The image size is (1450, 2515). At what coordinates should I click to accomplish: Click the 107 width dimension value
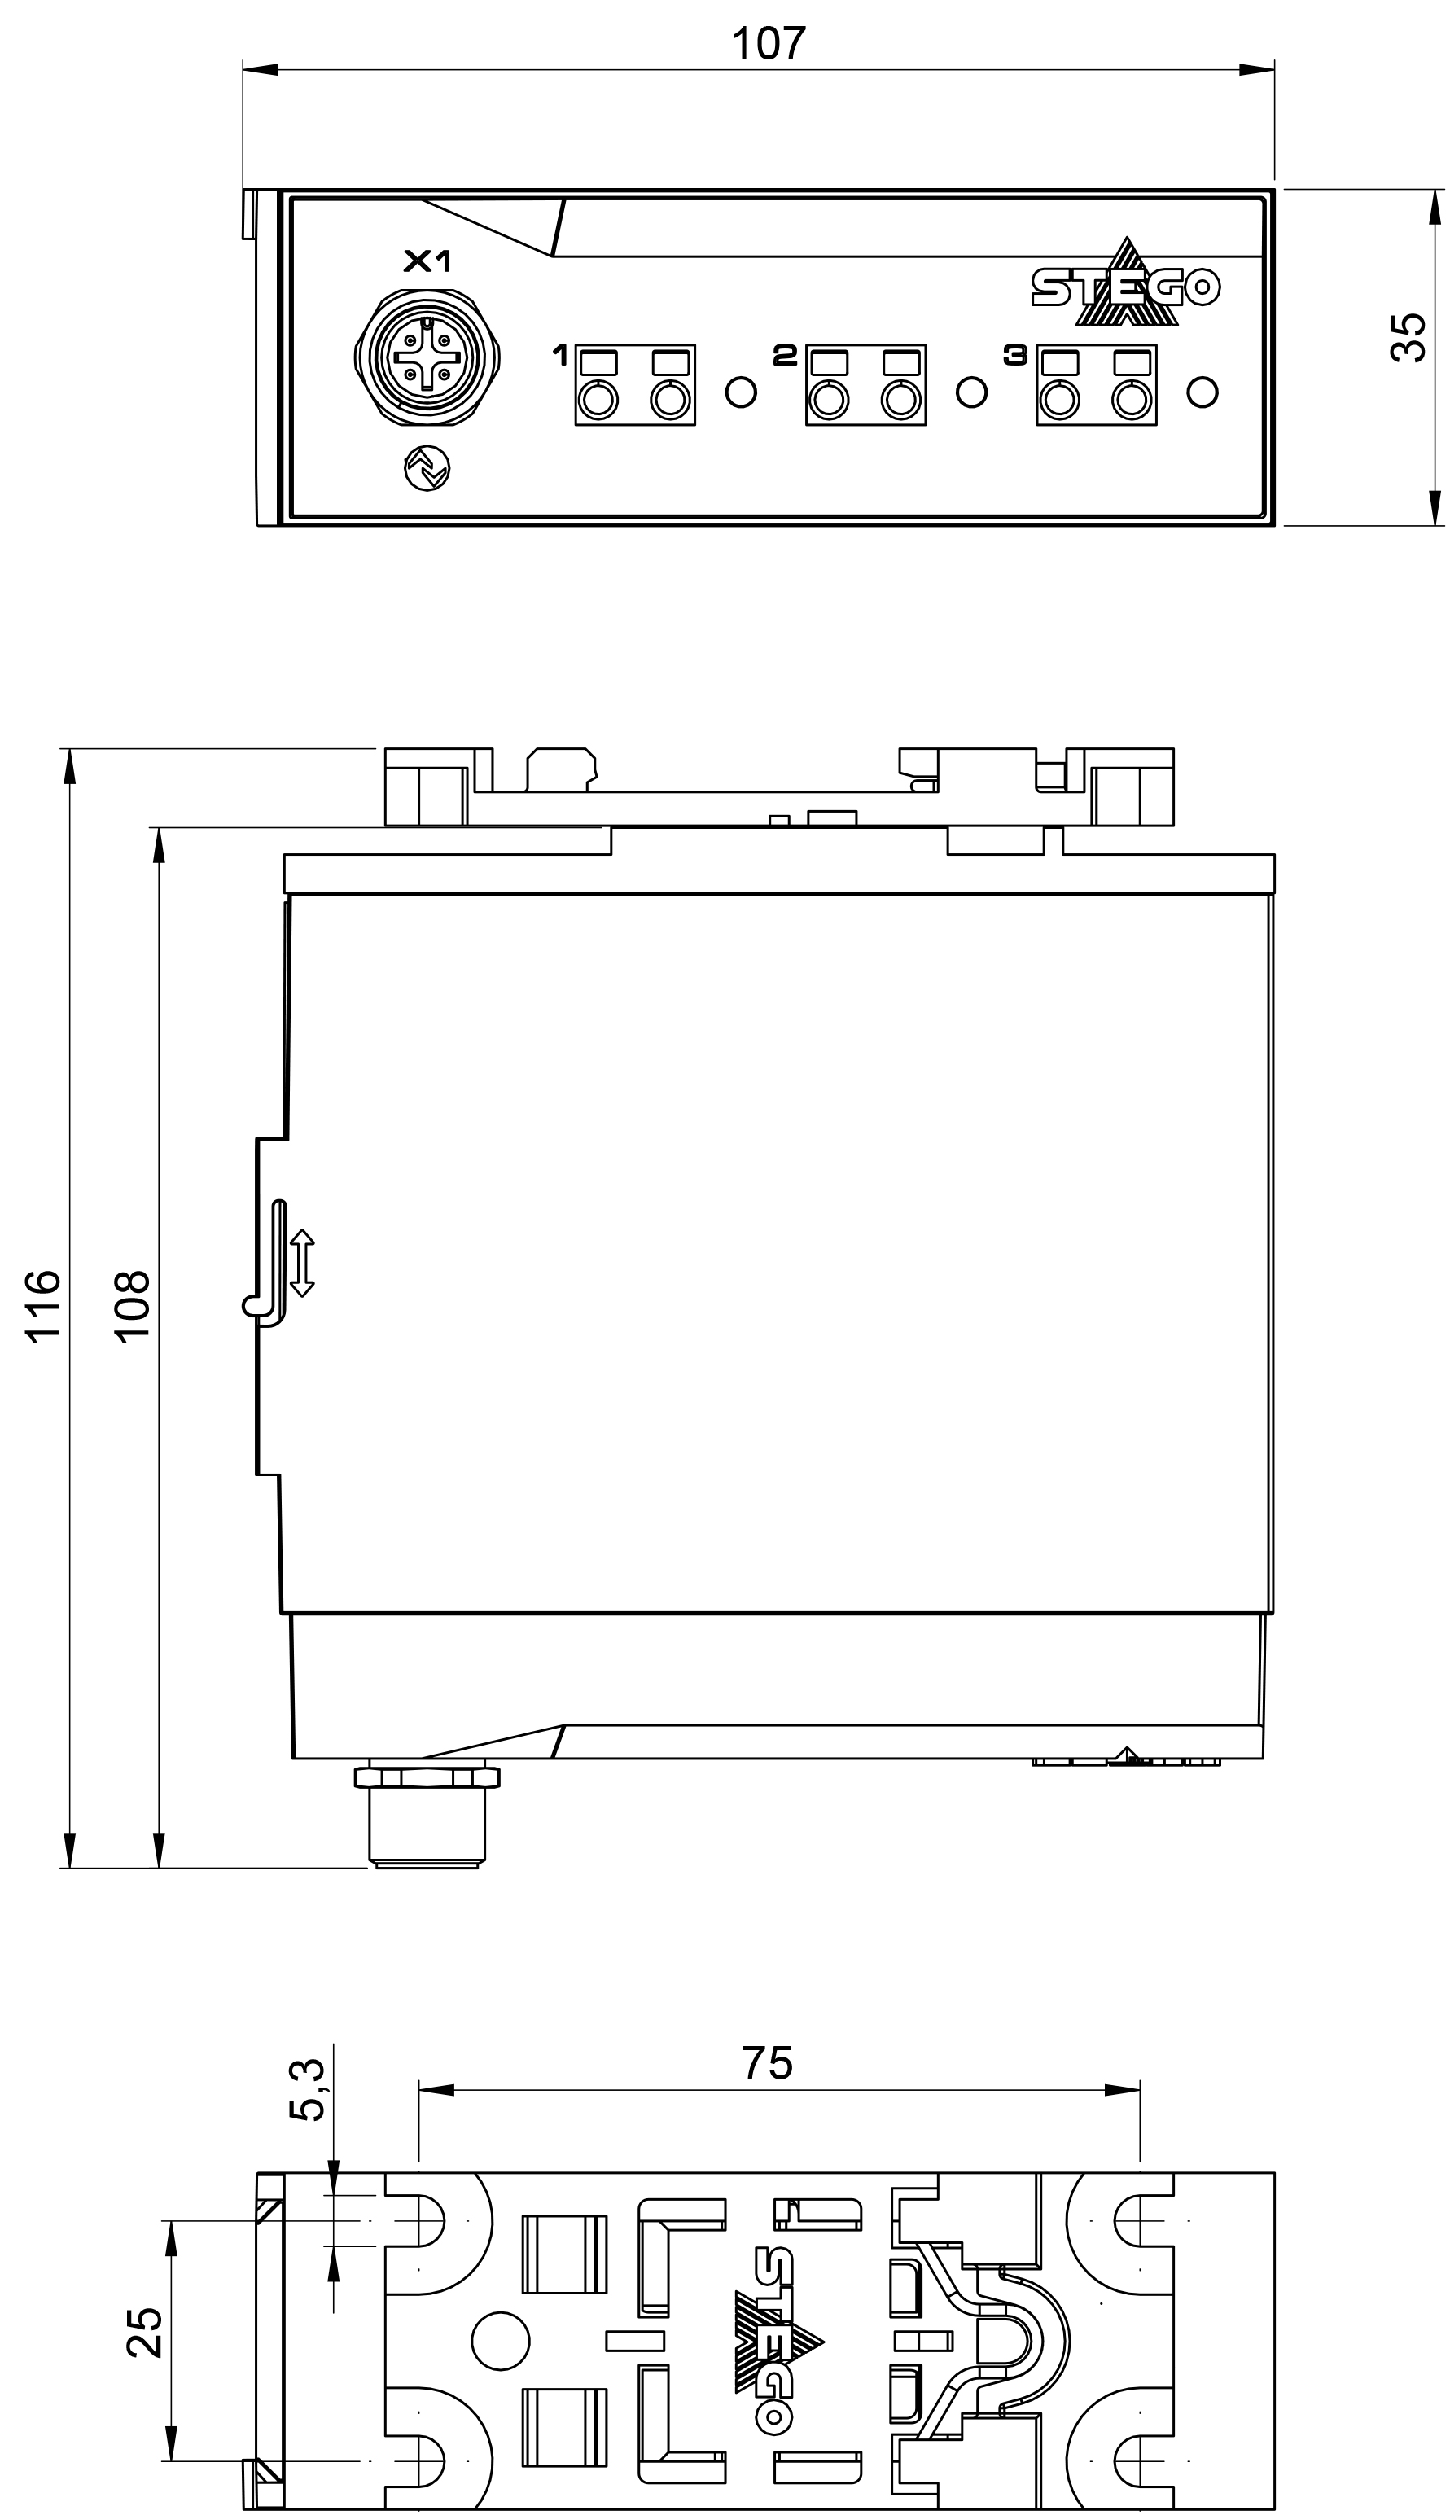[x=768, y=44]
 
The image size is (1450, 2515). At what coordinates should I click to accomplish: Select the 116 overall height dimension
[x=44, y=1308]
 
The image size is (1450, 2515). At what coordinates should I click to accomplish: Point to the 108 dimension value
[x=131, y=1308]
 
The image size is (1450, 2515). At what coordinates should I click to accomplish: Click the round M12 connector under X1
[x=427, y=358]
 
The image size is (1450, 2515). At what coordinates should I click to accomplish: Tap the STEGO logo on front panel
[x=1125, y=286]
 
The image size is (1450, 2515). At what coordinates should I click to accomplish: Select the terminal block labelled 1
[x=634, y=385]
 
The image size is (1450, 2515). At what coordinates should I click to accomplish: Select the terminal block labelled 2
[x=865, y=385]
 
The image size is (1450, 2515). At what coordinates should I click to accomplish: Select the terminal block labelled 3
[x=1097, y=385]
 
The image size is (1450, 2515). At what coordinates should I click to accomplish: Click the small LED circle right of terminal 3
[x=1203, y=392]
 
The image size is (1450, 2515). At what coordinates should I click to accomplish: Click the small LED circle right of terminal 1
[x=741, y=392]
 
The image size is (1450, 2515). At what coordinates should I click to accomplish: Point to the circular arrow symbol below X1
[x=427, y=468]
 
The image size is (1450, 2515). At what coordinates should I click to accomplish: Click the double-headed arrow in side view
[x=303, y=1264]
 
